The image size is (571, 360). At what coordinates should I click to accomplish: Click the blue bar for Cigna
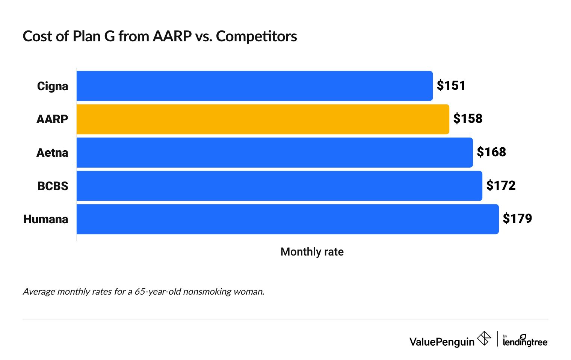[x=254, y=86]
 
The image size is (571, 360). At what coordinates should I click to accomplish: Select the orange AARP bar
[x=263, y=119]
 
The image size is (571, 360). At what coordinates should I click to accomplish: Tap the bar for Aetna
[x=274, y=153]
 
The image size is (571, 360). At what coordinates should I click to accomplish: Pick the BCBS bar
[x=279, y=186]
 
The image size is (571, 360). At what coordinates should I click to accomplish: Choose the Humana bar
[x=287, y=219]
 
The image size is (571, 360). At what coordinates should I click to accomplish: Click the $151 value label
[x=451, y=86]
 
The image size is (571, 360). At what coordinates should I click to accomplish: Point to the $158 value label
[x=468, y=119]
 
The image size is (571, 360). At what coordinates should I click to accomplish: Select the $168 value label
[x=491, y=152]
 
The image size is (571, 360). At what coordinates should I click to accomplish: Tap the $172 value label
[x=501, y=185]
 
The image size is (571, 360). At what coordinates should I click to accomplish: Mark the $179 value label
[x=517, y=219]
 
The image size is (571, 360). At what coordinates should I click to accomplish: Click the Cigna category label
[x=53, y=86]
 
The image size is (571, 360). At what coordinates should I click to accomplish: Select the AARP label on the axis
[x=52, y=119]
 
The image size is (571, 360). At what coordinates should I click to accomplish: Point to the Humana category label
[x=46, y=219]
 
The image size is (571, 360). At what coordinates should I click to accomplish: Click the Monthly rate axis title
[x=312, y=252]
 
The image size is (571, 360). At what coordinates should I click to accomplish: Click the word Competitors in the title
[x=256, y=36]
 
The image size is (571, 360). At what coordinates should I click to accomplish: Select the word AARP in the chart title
[x=172, y=36]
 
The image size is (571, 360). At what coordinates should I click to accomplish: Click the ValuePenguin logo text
[x=442, y=342]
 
